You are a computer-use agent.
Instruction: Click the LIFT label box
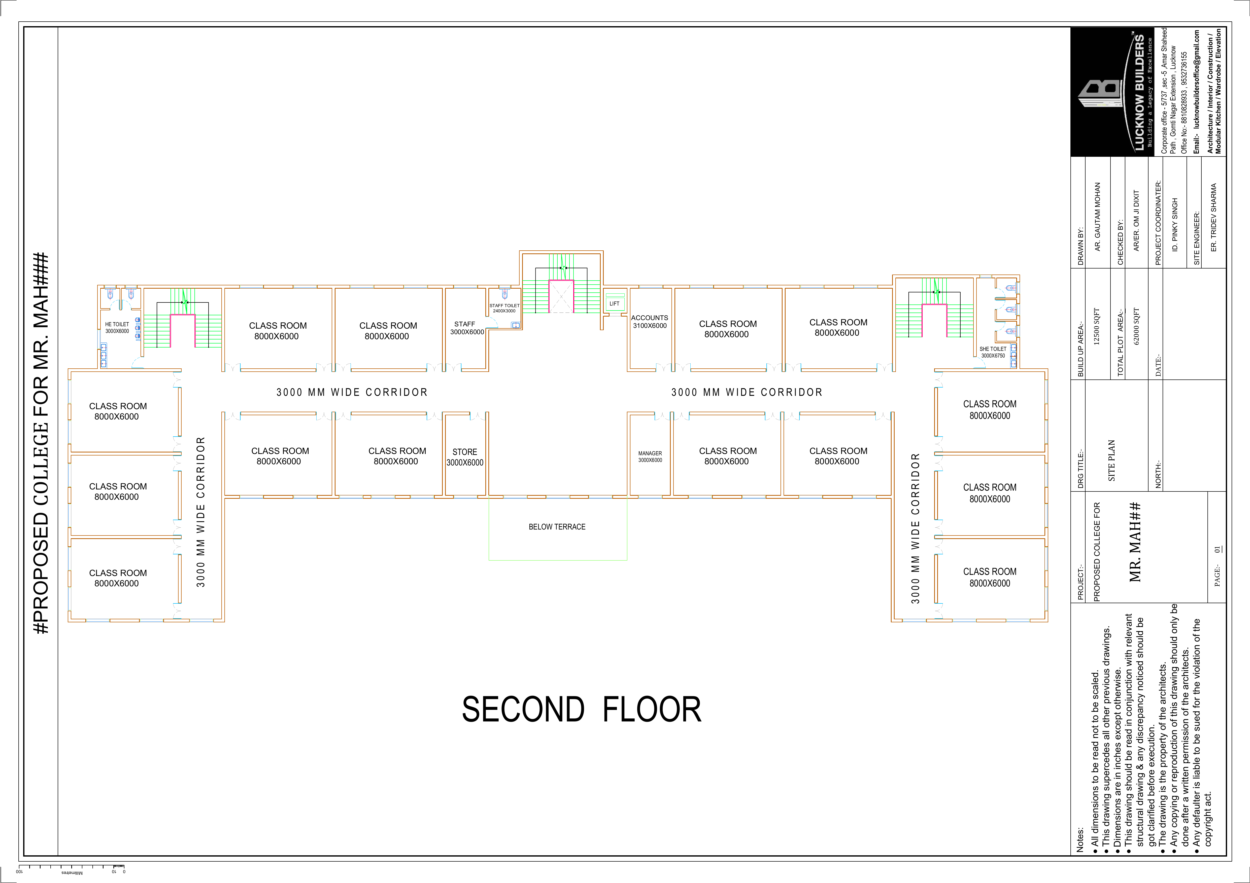click(x=614, y=303)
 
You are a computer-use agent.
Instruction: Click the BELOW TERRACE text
click(x=557, y=527)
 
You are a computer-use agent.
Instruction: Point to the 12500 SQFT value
click(x=1096, y=326)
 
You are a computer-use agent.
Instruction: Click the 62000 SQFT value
click(x=1136, y=326)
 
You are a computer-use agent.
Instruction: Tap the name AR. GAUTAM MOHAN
click(x=1098, y=216)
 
